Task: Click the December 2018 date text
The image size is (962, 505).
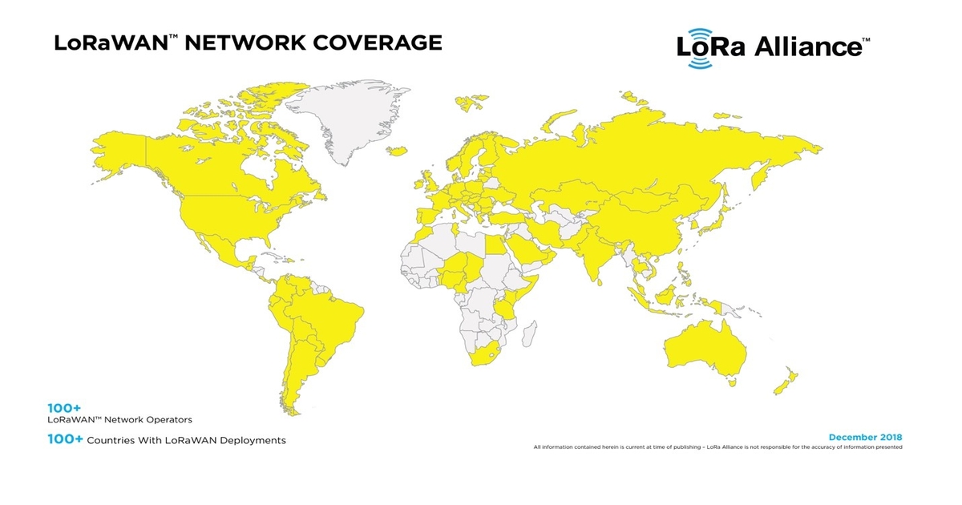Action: tap(865, 437)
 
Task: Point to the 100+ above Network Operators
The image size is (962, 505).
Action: tap(64, 408)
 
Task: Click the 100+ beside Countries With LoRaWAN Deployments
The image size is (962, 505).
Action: tap(65, 440)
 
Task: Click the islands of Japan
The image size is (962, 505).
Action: tap(722, 216)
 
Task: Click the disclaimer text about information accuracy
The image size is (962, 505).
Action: tap(717, 447)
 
